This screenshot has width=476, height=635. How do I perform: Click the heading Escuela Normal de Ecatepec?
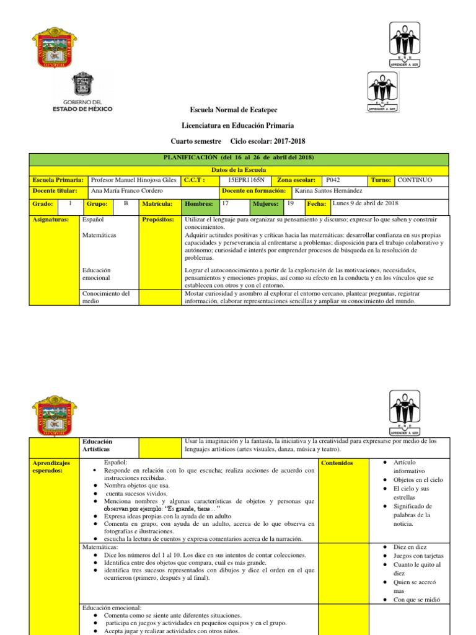tap(238, 109)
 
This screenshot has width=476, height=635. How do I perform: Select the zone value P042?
tap(333, 180)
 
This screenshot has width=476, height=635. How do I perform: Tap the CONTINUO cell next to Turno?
tap(415, 180)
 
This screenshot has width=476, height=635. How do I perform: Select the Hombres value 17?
tap(226, 203)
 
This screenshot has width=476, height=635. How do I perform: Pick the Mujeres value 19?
tap(291, 203)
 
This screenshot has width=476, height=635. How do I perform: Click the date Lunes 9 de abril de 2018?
tap(366, 203)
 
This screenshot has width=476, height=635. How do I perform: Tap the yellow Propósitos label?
tap(157, 220)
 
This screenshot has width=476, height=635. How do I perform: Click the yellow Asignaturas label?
tap(50, 220)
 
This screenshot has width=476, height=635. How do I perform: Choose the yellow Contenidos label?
tap(338, 463)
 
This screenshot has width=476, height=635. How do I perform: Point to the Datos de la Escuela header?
tap(238, 169)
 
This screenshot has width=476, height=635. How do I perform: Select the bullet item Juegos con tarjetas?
tap(418, 556)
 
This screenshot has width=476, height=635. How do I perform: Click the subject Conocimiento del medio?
tap(106, 297)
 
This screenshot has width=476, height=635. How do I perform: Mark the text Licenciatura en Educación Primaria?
tap(238, 125)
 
